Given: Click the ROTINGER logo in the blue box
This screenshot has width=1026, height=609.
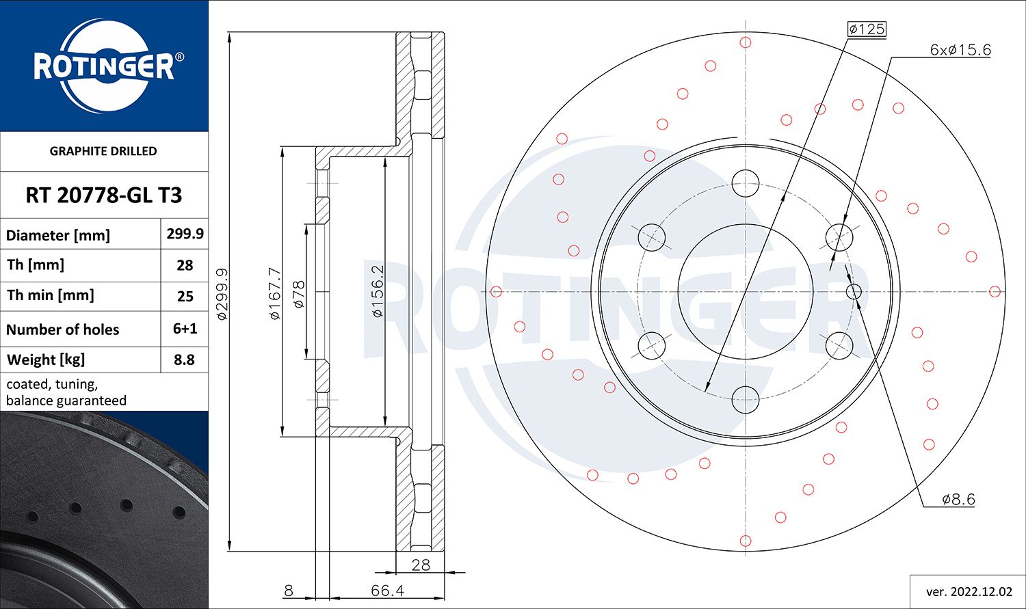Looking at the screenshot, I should click(104, 66).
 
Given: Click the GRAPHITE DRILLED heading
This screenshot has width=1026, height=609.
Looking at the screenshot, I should click(103, 151).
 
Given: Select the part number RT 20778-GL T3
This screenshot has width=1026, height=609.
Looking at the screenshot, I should click(104, 195).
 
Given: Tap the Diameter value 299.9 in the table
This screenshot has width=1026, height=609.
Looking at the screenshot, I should click(185, 234).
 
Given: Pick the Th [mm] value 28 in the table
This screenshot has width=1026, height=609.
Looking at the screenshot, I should click(185, 265).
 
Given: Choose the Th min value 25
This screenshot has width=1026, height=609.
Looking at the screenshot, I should click(185, 297).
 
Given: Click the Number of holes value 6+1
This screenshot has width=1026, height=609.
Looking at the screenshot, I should click(185, 329).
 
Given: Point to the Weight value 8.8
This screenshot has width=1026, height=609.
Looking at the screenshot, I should click(185, 360).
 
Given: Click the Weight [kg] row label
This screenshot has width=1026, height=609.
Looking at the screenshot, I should click(46, 360).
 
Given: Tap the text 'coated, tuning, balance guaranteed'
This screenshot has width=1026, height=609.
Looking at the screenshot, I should click(66, 392).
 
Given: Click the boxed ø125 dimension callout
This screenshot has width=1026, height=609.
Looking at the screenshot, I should click(866, 29).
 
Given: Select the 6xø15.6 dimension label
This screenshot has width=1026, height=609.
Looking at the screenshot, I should click(960, 50).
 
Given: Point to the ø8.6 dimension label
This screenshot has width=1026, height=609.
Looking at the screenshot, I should click(958, 499).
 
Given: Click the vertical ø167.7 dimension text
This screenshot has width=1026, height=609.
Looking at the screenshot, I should click(275, 293).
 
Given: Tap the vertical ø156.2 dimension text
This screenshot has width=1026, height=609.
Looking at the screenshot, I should click(378, 290).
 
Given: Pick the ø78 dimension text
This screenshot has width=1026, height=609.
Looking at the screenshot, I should click(298, 294).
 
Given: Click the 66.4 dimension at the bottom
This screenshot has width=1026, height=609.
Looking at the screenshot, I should click(387, 590).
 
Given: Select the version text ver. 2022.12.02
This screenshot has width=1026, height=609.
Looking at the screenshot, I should click(969, 591).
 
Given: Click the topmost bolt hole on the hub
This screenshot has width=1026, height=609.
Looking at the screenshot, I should click(745, 183).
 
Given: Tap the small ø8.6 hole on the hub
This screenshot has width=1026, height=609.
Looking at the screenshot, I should click(854, 292).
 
